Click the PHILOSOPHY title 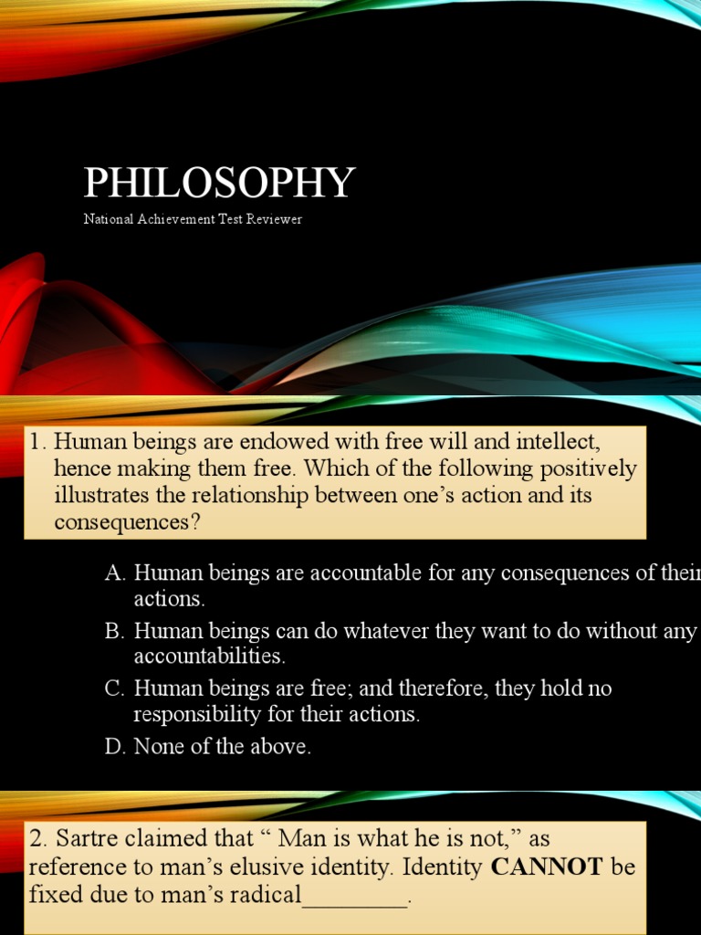(219, 183)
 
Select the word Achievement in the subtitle (176, 219)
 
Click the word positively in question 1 (589, 469)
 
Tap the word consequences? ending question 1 (127, 522)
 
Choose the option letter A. (114, 573)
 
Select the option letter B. (114, 630)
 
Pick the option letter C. (114, 688)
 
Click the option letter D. (114, 746)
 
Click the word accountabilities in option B (210, 656)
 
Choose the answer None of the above (223, 746)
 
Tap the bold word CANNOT (547, 867)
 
